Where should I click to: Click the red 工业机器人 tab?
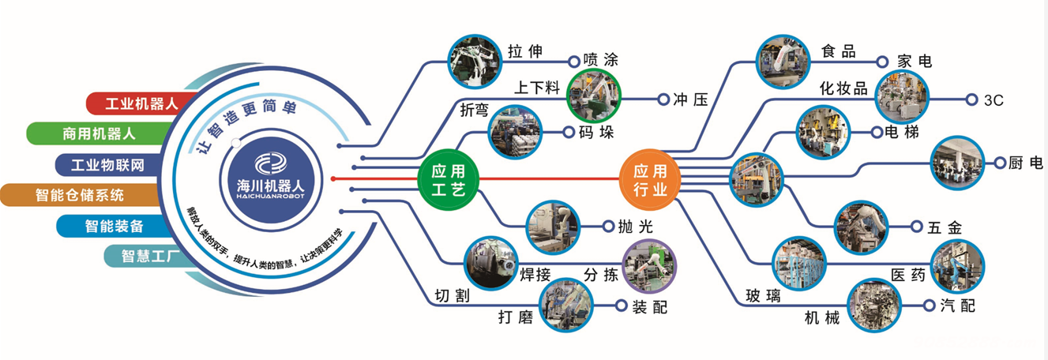[x=141, y=103]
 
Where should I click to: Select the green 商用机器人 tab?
[x=98, y=133]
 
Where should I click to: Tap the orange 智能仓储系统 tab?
[x=80, y=195]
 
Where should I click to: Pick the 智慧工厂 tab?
[x=145, y=257]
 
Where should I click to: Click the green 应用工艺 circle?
[x=449, y=180]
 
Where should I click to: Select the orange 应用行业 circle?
[x=650, y=180]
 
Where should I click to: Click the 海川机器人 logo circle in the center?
[x=271, y=180]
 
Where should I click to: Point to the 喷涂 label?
[x=601, y=60]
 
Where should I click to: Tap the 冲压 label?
[x=690, y=99]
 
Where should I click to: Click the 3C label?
[x=994, y=100]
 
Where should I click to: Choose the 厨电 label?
[x=1025, y=163]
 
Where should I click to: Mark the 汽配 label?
[x=958, y=306]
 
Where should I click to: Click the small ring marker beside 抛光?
[x=608, y=227]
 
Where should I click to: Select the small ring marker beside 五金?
[x=917, y=227]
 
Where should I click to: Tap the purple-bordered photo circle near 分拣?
[x=649, y=267]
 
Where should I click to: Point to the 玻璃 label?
[x=763, y=295]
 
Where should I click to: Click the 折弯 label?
[x=474, y=110]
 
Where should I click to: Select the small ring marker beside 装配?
[x=621, y=306]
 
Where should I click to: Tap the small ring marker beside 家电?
[x=882, y=62]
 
